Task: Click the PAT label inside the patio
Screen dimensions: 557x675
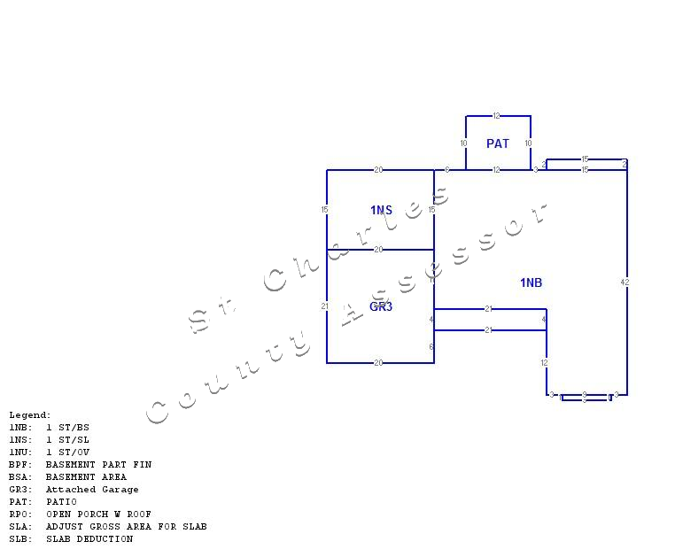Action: click(x=498, y=143)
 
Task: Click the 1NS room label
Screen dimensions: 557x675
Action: click(x=381, y=210)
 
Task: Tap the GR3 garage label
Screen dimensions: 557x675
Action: click(x=381, y=306)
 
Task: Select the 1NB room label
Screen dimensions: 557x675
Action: click(x=531, y=282)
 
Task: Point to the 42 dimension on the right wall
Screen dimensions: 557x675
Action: click(x=625, y=282)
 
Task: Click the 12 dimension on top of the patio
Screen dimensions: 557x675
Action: click(x=497, y=116)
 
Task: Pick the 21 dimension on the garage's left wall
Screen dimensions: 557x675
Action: click(x=325, y=306)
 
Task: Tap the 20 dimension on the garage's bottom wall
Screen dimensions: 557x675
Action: click(x=378, y=363)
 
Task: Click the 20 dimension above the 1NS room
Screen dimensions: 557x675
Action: click(x=378, y=170)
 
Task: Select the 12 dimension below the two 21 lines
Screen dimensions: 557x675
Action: click(x=545, y=363)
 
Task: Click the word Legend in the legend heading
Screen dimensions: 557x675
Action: click(x=28, y=415)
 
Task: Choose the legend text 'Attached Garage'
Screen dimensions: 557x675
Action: click(x=92, y=490)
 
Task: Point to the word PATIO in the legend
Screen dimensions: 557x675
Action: click(x=61, y=502)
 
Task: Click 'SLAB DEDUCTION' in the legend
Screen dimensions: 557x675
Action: click(x=89, y=539)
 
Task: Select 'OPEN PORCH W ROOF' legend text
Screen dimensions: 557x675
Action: click(x=98, y=514)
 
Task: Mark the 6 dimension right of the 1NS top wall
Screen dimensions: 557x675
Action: click(x=447, y=170)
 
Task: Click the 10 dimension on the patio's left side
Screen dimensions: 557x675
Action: click(x=463, y=143)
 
